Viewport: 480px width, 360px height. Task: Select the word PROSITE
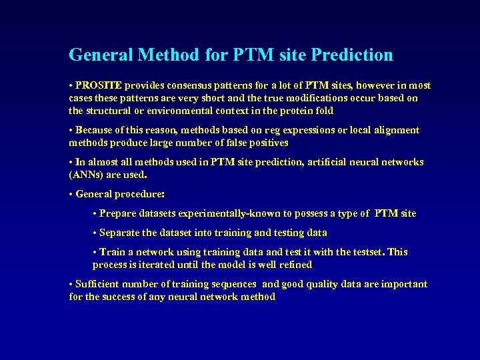(99, 85)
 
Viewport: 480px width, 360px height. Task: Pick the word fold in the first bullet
(323, 111)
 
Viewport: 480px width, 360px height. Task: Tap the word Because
(94, 130)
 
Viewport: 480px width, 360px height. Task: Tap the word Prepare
(119, 213)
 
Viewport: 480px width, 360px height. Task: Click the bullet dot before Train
(95, 252)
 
